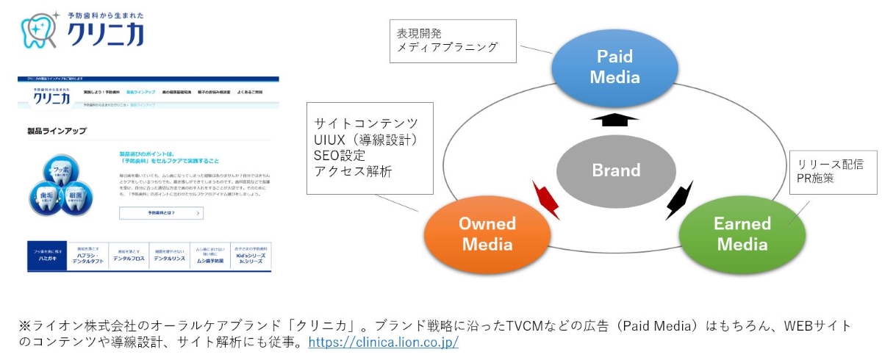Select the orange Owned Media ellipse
(487, 233)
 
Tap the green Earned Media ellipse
(742, 233)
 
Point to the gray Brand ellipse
(616, 170)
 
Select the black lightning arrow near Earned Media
(679, 200)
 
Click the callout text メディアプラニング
(447, 47)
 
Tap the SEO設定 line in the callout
(339, 155)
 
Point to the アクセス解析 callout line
(353, 171)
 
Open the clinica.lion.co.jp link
(384, 342)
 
